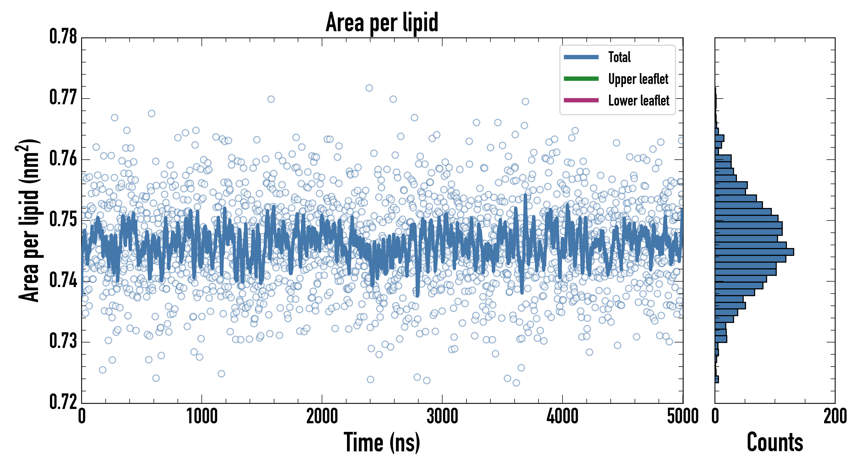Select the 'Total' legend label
click(x=619, y=57)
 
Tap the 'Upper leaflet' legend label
click(x=638, y=79)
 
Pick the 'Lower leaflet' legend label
click(x=639, y=101)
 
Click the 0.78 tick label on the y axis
click(x=63, y=37)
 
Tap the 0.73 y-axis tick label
click(x=63, y=341)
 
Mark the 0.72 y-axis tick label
click(x=63, y=402)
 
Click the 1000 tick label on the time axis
click(x=202, y=416)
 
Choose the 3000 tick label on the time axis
click(x=442, y=416)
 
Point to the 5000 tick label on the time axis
click(x=683, y=416)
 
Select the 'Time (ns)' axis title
click(x=382, y=442)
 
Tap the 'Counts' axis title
click(x=775, y=442)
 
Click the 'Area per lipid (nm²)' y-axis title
click(x=29, y=220)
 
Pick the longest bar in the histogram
click(x=754, y=252)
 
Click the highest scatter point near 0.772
click(x=369, y=88)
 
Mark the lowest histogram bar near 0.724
click(x=717, y=379)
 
